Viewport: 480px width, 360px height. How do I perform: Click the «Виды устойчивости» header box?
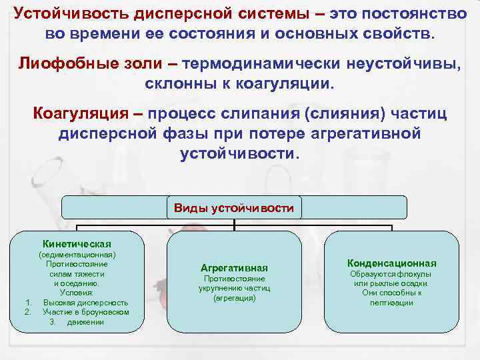(233, 208)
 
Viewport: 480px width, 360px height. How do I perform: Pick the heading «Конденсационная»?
(391, 263)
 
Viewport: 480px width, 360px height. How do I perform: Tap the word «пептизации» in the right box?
(391, 302)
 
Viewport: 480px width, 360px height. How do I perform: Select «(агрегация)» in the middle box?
(234, 297)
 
